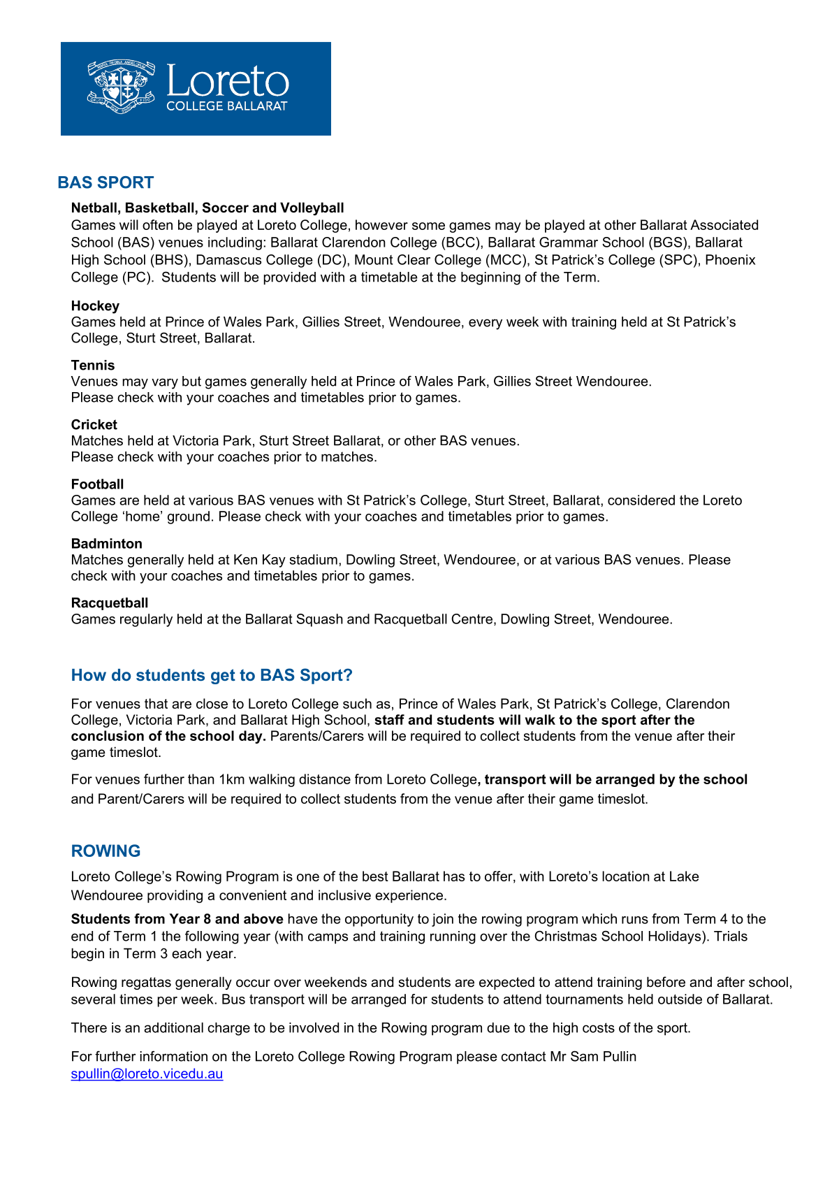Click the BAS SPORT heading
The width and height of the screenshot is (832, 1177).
[105, 182]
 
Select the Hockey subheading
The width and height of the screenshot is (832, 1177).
[95, 306]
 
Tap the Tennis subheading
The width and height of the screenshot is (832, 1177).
[93, 366]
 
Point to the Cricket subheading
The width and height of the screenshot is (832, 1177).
[94, 425]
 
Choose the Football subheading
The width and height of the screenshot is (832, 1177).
[97, 484]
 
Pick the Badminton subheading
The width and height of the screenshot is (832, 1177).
[106, 544]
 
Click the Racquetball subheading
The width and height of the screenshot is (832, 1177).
[110, 603]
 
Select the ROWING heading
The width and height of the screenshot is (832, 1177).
[105, 851]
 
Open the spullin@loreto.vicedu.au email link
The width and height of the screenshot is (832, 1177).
[147, 1074]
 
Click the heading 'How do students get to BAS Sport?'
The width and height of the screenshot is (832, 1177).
[212, 675]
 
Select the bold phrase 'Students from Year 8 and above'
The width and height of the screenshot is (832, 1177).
[177, 919]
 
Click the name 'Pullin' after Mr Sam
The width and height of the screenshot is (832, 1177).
[618, 1057]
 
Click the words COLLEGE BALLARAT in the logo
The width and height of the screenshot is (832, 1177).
[226, 106]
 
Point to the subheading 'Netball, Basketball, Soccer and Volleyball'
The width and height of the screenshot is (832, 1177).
[207, 208]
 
